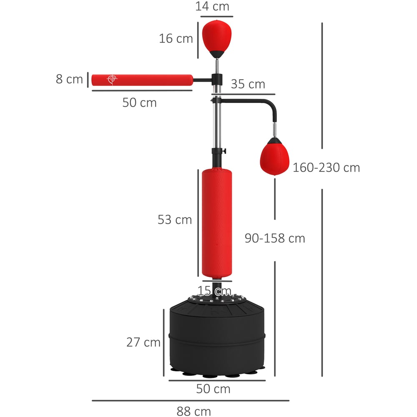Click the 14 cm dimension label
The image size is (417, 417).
click(x=212, y=6)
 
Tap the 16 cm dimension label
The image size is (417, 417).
click(x=176, y=38)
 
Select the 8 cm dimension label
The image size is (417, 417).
click(x=69, y=79)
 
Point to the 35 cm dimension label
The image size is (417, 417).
click(x=248, y=84)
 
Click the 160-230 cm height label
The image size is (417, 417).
click(x=327, y=168)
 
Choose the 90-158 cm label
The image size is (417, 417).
click(x=275, y=238)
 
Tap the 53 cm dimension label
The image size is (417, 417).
click(x=175, y=220)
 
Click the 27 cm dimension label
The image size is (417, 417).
click(x=143, y=342)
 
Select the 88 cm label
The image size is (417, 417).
click(x=193, y=411)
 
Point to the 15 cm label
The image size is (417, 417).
click(x=214, y=291)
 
